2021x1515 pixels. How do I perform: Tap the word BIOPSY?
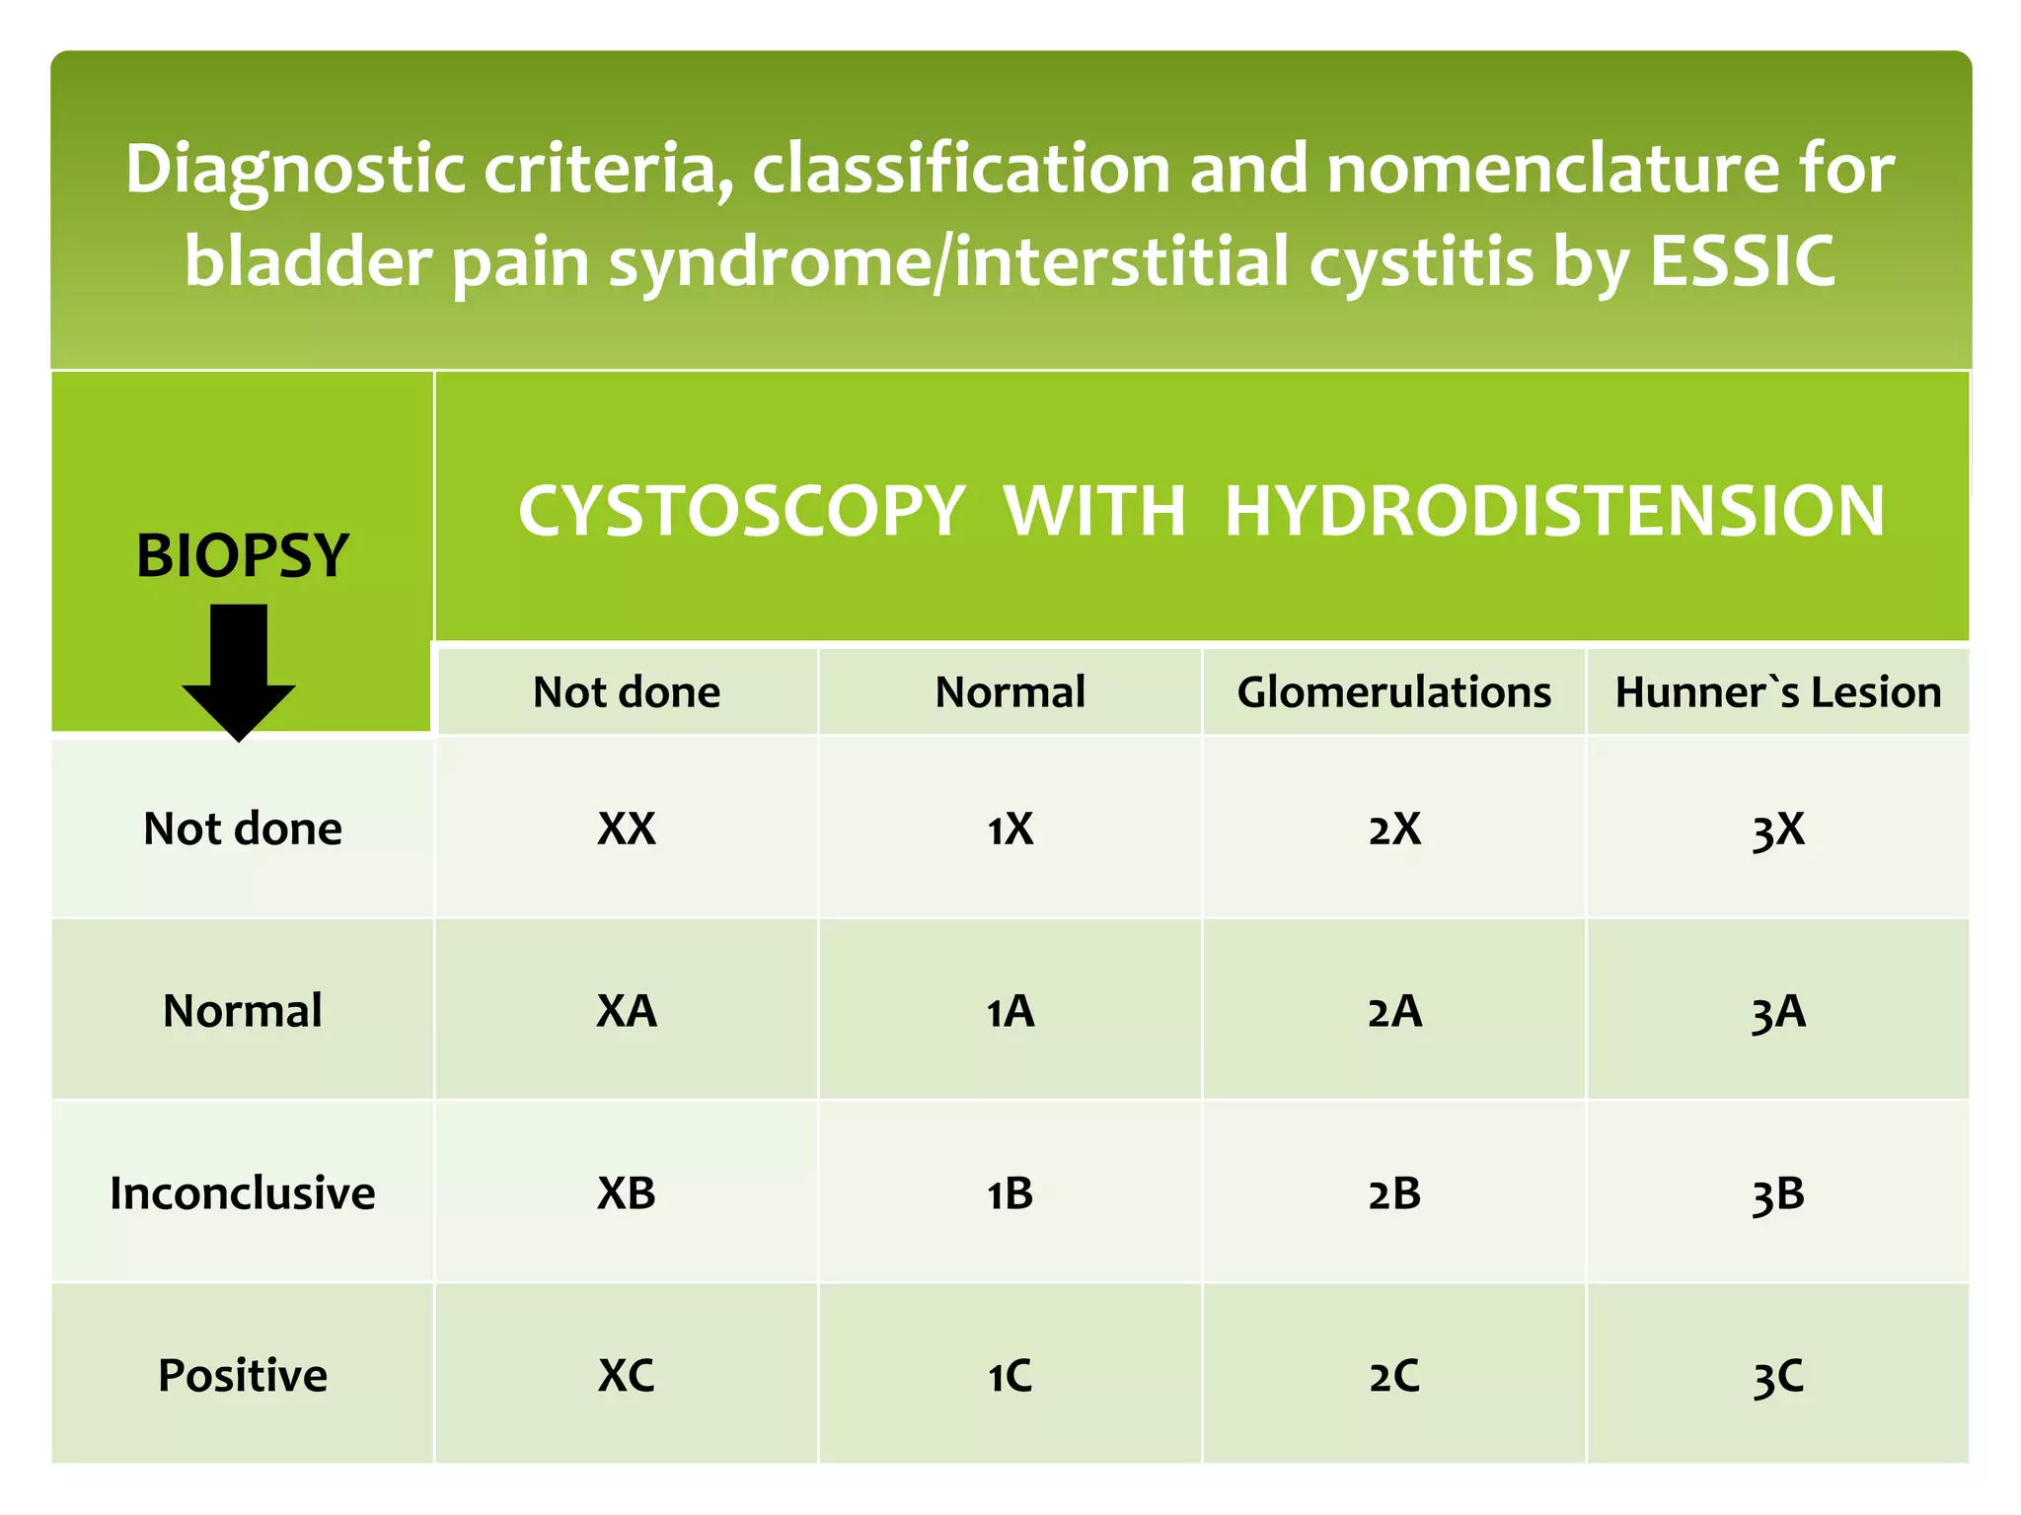(243, 555)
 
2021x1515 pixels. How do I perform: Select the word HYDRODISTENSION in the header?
(1554, 511)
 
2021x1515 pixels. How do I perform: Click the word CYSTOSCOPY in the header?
(741, 511)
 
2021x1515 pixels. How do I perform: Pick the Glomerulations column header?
(1393, 692)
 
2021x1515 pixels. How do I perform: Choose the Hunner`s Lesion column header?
(1777, 692)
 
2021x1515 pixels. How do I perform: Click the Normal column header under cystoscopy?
(1010, 692)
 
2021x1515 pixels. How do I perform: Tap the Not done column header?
(627, 692)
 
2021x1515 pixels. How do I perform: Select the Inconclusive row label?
(243, 1193)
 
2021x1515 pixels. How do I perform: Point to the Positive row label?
(243, 1375)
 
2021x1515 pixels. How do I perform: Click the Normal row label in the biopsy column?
(243, 1011)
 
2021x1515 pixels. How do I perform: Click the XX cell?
(627, 829)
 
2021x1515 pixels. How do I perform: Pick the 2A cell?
(1393, 1011)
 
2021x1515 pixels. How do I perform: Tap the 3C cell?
(1777, 1376)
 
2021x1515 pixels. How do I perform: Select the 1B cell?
(1010, 1193)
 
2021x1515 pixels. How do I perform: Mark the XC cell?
(627, 1375)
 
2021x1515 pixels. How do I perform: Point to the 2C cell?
(1393, 1375)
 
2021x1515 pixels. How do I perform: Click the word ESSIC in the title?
(1742, 261)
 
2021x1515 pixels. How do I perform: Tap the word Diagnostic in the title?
(295, 169)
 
